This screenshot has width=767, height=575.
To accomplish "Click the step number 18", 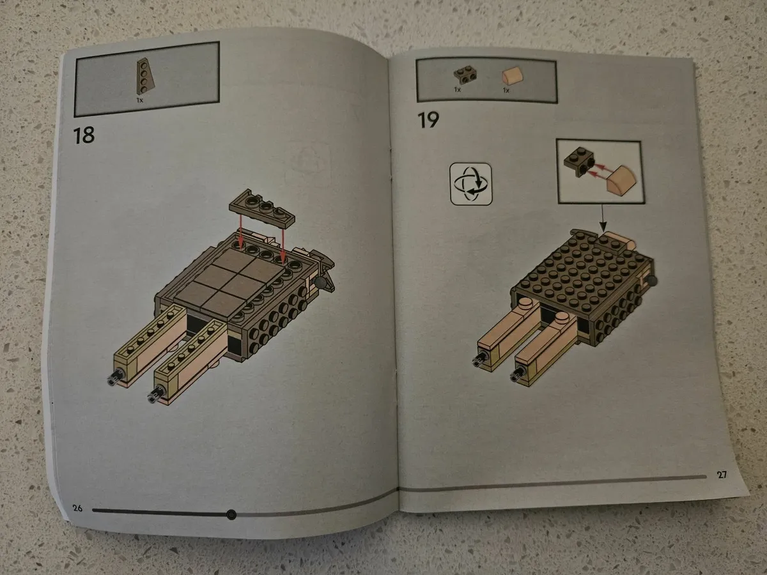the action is pyautogui.click(x=84, y=135).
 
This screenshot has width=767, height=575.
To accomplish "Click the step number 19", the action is pyautogui.click(x=428, y=119).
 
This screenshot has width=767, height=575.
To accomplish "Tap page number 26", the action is pyautogui.click(x=77, y=508).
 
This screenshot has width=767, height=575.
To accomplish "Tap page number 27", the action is pyautogui.click(x=722, y=475).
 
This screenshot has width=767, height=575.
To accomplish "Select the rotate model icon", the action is pyautogui.click(x=471, y=184).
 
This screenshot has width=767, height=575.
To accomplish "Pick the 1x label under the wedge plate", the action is pyautogui.click(x=140, y=100).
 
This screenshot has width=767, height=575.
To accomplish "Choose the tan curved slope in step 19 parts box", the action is pyautogui.click(x=513, y=75).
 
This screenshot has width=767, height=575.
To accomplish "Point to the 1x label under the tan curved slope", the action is pyautogui.click(x=506, y=91).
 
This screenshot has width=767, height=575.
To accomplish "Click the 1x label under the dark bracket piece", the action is pyautogui.click(x=458, y=89).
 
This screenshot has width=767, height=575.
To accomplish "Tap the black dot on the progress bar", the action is pyautogui.click(x=231, y=514).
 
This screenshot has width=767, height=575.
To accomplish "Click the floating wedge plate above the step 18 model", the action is pyautogui.click(x=261, y=208).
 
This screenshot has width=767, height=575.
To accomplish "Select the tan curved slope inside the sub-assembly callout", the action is pyautogui.click(x=621, y=180).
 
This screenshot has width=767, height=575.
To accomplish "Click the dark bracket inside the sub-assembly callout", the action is pyautogui.click(x=578, y=161).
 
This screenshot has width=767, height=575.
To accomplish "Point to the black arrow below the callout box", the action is pyautogui.click(x=603, y=218).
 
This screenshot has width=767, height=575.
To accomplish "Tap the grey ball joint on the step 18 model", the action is pyautogui.click(x=320, y=282).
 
